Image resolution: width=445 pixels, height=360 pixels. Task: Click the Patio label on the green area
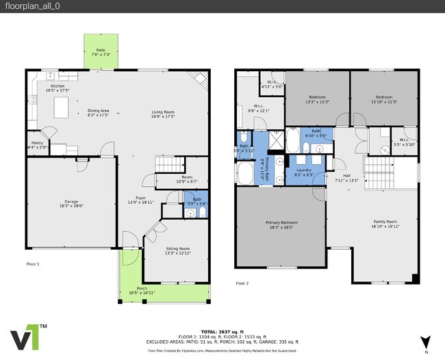pyautogui.click(x=101, y=50)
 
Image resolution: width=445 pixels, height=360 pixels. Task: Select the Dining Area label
pyautogui.click(x=98, y=111)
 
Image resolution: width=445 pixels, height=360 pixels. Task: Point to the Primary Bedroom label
pyautogui.click(x=281, y=222)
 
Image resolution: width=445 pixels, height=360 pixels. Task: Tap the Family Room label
pyautogui.click(x=385, y=222)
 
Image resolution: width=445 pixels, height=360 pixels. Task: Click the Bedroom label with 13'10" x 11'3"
pyautogui.click(x=383, y=97)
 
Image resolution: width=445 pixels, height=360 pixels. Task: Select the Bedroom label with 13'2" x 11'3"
pyautogui.click(x=317, y=97)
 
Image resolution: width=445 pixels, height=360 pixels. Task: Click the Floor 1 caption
pyautogui.click(x=33, y=263)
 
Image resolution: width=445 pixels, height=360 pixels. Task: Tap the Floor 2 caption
pyautogui.click(x=242, y=283)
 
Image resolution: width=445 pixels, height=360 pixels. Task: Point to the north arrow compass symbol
pyautogui.click(x=425, y=341)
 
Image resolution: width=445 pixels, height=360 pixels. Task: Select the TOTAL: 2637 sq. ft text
pyautogui.click(x=222, y=330)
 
